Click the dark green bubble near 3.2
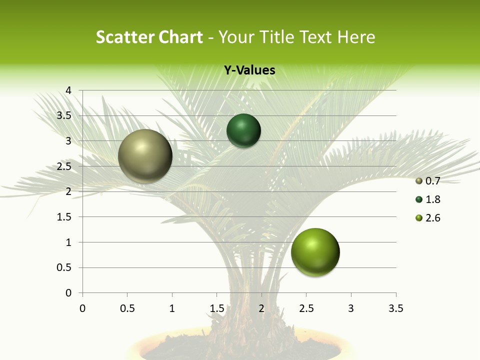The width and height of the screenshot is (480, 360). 244,130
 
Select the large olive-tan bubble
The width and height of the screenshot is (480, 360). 145,156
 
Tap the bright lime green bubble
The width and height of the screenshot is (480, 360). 315,252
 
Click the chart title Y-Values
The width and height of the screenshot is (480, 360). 249,70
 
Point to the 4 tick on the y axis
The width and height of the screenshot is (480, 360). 68,90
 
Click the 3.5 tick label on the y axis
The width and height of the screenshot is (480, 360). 64,116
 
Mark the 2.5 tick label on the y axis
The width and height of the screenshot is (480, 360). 64,166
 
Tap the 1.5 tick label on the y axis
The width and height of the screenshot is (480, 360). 64,217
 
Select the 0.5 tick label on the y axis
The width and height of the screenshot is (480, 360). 64,267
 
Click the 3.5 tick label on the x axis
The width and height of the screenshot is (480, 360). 395,308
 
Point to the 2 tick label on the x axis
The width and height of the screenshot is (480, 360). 261,308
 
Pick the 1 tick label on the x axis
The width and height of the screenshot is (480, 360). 172,308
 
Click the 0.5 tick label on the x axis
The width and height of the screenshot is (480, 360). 127,308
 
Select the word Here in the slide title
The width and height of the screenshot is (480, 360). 356,37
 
